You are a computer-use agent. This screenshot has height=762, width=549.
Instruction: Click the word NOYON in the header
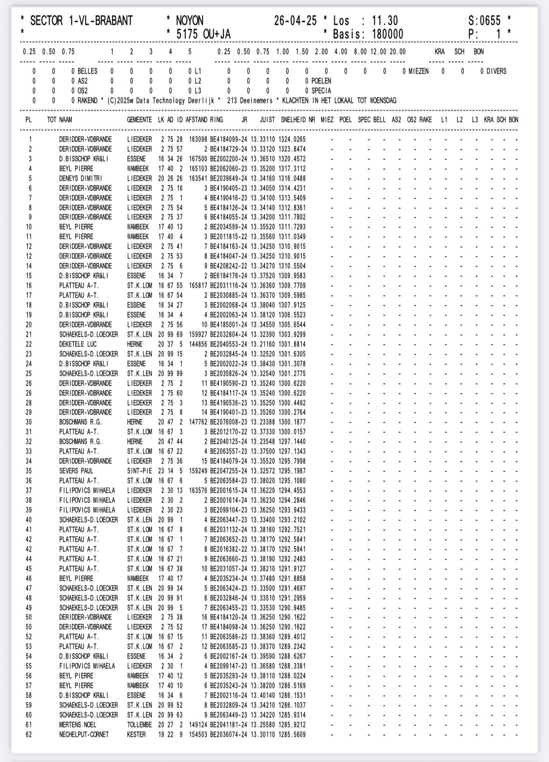[189, 21]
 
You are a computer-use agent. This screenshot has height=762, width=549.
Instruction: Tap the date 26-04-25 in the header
[295, 21]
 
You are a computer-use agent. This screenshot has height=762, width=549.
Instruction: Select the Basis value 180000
[387, 34]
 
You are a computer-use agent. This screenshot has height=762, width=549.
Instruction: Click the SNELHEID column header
[293, 120]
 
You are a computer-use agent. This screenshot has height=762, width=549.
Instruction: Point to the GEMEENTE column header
[139, 120]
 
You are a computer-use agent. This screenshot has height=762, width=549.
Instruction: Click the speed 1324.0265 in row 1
[292, 139]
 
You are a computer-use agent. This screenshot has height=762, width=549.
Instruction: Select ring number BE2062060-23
[229, 169]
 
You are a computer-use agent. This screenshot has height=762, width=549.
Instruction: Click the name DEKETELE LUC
[78, 344]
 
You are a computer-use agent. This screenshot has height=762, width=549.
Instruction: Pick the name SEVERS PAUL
[76, 471]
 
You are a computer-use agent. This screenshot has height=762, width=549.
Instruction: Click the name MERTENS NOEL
[77, 725]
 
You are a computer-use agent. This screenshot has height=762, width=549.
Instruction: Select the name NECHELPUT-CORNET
[84, 735]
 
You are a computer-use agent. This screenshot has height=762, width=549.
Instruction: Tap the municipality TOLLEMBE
[139, 725]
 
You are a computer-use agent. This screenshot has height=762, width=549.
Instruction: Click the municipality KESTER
[136, 735]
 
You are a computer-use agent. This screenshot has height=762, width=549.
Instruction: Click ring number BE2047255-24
[229, 471]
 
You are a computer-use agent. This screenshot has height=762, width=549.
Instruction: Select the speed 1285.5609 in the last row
[292, 735]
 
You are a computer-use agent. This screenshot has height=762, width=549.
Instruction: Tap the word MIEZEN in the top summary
[419, 71]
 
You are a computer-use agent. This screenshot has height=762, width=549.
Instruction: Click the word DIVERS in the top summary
[496, 71]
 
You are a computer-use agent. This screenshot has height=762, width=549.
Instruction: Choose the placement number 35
[29, 471]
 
